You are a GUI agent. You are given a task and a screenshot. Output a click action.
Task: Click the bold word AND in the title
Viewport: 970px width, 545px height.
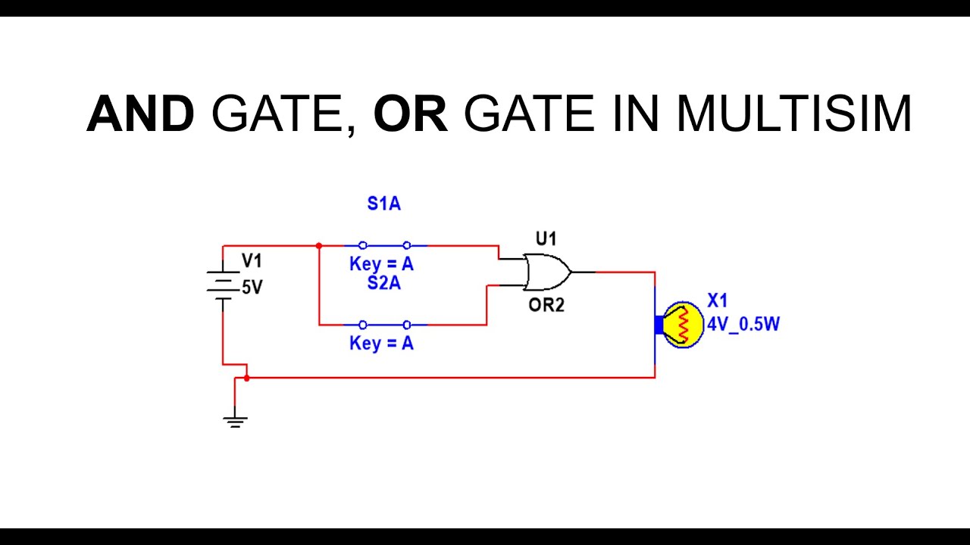pyautogui.click(x=140, y=115)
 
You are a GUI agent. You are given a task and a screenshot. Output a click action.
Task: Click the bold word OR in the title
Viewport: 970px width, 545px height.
pyautogui.click(x=410, y=115)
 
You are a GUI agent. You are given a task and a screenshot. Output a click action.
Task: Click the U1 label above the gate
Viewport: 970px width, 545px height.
pyautogui.click(x=546, y=239)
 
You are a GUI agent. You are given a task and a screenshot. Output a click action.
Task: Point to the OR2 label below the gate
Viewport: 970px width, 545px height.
pyautogui.click(x=546, y=306)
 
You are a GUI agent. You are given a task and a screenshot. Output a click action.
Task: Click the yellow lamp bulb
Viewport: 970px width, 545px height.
pyautogui.click(x=682, y=325)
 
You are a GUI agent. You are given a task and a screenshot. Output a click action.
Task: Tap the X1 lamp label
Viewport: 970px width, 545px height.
pyautogui.click(x=717, y=301)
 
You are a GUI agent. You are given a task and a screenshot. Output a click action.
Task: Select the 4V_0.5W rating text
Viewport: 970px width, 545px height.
pyautogui.click(x=743, y=325)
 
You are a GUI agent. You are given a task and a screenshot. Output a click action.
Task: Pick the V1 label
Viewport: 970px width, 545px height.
pyautogui.click(x=252, y=261)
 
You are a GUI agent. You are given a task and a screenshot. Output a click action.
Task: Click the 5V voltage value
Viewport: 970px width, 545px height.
pyautogui.click(x=252, y=288)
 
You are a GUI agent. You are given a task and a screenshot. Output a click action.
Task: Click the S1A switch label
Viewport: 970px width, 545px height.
pyautogui.click(x=383, y=204)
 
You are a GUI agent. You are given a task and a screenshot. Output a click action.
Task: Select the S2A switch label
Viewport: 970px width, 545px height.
pyautogui.click(x=383, y=284)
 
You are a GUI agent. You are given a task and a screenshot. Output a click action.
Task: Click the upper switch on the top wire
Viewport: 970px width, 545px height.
pyautogui.click(x=385, y=245)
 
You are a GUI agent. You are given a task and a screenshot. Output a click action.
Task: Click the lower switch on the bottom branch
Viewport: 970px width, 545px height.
pyautogui.click(x=385, y=325)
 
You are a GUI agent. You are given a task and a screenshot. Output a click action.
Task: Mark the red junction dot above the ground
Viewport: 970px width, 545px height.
pyautogui.click(x=247, y=378)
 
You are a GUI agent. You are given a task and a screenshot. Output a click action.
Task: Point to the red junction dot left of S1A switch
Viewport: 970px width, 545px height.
pyautogui.click(x=319, y=246)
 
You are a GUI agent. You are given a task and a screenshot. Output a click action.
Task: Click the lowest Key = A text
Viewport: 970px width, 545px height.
pyautogui.click(x=381, y=344)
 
